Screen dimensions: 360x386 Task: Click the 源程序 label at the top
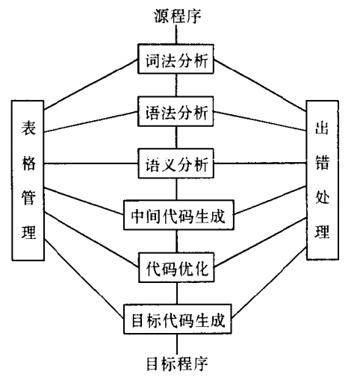(x=177, y=16)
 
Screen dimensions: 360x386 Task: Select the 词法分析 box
(x=176, y=59)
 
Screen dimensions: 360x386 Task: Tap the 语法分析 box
(x=176, y=111)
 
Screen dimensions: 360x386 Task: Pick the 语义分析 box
(x=176, y=164)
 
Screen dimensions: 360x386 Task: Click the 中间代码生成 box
(x=179, y=215)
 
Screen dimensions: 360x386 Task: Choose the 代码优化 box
(x=176, y=267)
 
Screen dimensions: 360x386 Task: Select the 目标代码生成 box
(x=178, y=319)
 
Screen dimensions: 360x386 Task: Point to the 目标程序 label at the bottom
(x=177, y=364)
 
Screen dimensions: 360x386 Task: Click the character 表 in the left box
(x=28, y=128)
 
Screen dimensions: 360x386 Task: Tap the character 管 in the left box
(x=28, y=198)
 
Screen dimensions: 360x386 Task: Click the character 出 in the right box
(x=322, y=128)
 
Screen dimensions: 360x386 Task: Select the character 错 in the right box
(x=322, y=163)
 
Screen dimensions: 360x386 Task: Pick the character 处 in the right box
(x=322, y=197)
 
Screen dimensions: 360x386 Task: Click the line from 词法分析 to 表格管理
(x=91, y=84)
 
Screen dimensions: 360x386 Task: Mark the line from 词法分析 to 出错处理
(x=260, y=85)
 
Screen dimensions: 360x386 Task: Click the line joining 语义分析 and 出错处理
(x=260, y=164)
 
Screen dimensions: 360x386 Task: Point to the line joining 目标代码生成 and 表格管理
(x=84, y=278)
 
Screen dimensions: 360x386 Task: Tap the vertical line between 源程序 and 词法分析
(x=176, y=34)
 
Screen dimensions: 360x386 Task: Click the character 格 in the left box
(x=28, y=164)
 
